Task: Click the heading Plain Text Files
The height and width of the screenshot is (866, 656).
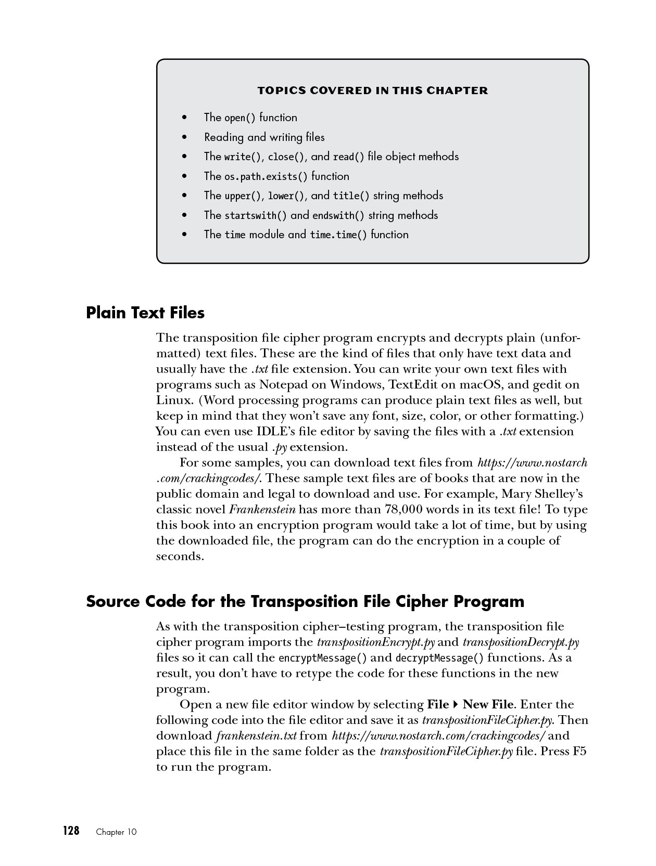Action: pos(145,313)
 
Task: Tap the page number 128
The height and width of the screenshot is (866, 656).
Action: pos(71,831)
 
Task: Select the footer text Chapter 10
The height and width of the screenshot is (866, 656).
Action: pos(116,832)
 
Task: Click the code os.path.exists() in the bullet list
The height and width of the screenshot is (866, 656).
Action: pos(266,177)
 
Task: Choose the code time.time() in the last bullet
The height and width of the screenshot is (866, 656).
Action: pos(338,235)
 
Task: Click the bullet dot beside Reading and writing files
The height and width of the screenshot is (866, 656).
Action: pos(184,138)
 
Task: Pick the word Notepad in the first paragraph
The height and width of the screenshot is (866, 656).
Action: pos(281,385)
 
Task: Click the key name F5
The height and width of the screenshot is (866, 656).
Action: pos(579,752)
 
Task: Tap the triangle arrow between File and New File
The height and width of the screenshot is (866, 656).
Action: pos(456,705)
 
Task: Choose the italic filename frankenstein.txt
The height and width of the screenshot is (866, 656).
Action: pos(256,736)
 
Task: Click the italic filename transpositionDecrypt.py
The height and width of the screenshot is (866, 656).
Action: pos(521,642)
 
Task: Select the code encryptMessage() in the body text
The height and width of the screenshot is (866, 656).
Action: pos(323,658)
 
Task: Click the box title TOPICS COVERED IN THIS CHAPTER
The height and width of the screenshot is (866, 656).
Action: pos(373,91)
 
